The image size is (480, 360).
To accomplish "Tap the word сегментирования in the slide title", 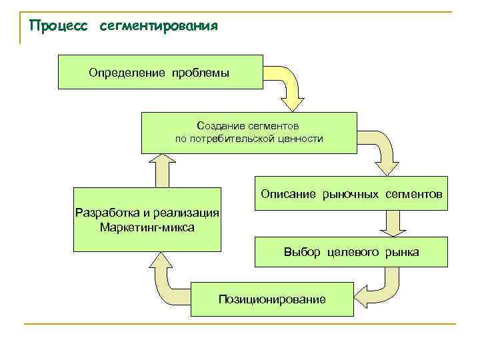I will (x=158, y=27).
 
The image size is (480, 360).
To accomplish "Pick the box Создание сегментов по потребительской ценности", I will (x=249, y=132).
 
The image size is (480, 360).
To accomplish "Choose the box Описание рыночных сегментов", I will (x=351, y=194).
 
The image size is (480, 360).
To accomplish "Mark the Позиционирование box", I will (x=272, y=299).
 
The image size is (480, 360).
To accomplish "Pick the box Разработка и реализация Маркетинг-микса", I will (x=147, y=220).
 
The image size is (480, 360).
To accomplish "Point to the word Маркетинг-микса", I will (x=147, y=227).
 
